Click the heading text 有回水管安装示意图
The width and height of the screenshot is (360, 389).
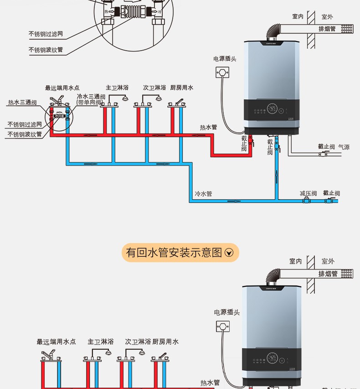(174, 252)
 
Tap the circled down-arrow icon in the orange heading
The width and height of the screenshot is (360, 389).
(229, 253)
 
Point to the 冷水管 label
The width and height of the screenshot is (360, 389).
(203, 194)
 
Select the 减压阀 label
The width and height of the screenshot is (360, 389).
(308, 193)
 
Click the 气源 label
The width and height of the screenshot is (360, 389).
(344, 147)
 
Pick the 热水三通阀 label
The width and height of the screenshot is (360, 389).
(22, 103)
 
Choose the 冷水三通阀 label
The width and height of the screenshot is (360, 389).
(91, 97)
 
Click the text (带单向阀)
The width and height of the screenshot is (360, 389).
(91, 103)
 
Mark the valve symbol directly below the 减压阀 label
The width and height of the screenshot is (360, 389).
(307, 201)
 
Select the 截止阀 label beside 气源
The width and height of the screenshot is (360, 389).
(326, 147)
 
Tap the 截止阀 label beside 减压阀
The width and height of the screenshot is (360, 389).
(331, 193)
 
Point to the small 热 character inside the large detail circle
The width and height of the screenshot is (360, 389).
(106, 11)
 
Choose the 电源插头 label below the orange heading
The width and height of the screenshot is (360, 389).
(227, 312)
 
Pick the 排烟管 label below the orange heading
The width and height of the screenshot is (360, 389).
(328, 274)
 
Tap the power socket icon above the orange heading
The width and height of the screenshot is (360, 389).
(222, 72)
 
